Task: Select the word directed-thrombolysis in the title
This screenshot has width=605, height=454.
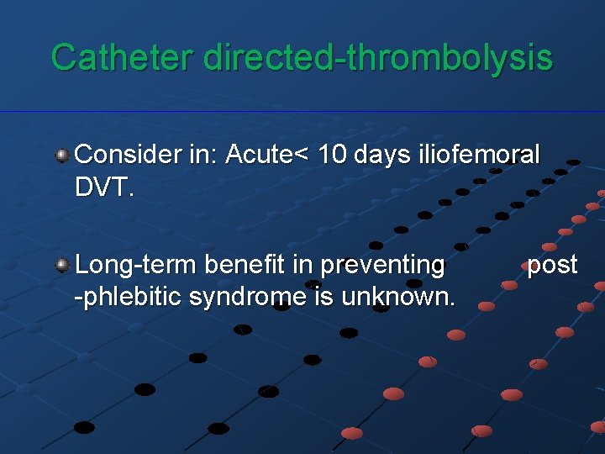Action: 378,57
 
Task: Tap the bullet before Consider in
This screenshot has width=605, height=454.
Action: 62,156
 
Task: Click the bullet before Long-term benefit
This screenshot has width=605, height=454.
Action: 62,266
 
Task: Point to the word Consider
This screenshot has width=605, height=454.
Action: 127,156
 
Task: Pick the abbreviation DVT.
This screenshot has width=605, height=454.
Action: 103,187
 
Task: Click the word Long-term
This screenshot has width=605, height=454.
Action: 134,266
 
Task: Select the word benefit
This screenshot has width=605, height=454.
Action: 242,266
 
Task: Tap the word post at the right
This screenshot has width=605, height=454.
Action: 552,266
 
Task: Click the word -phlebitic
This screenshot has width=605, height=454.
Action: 127,297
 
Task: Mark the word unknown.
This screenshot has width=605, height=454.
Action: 409,297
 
